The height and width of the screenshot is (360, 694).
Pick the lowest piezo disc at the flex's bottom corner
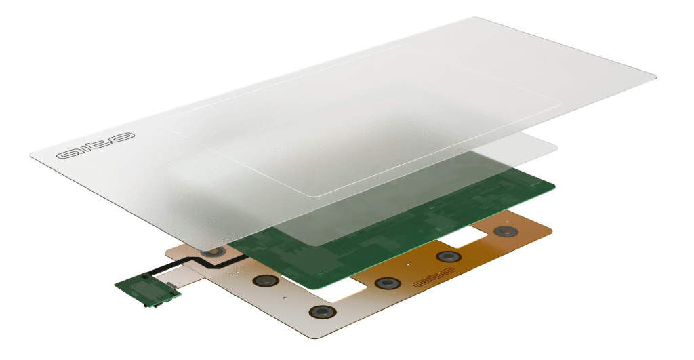pyautogui.click(x=321, y=313)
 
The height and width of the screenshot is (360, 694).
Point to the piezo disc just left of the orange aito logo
pyautogui.click(x=387, y=283)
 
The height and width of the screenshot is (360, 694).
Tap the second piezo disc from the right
pyautogui.click(x=447, y=256)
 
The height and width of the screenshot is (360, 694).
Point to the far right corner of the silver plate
pyautogui.click(x=655, y=76)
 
